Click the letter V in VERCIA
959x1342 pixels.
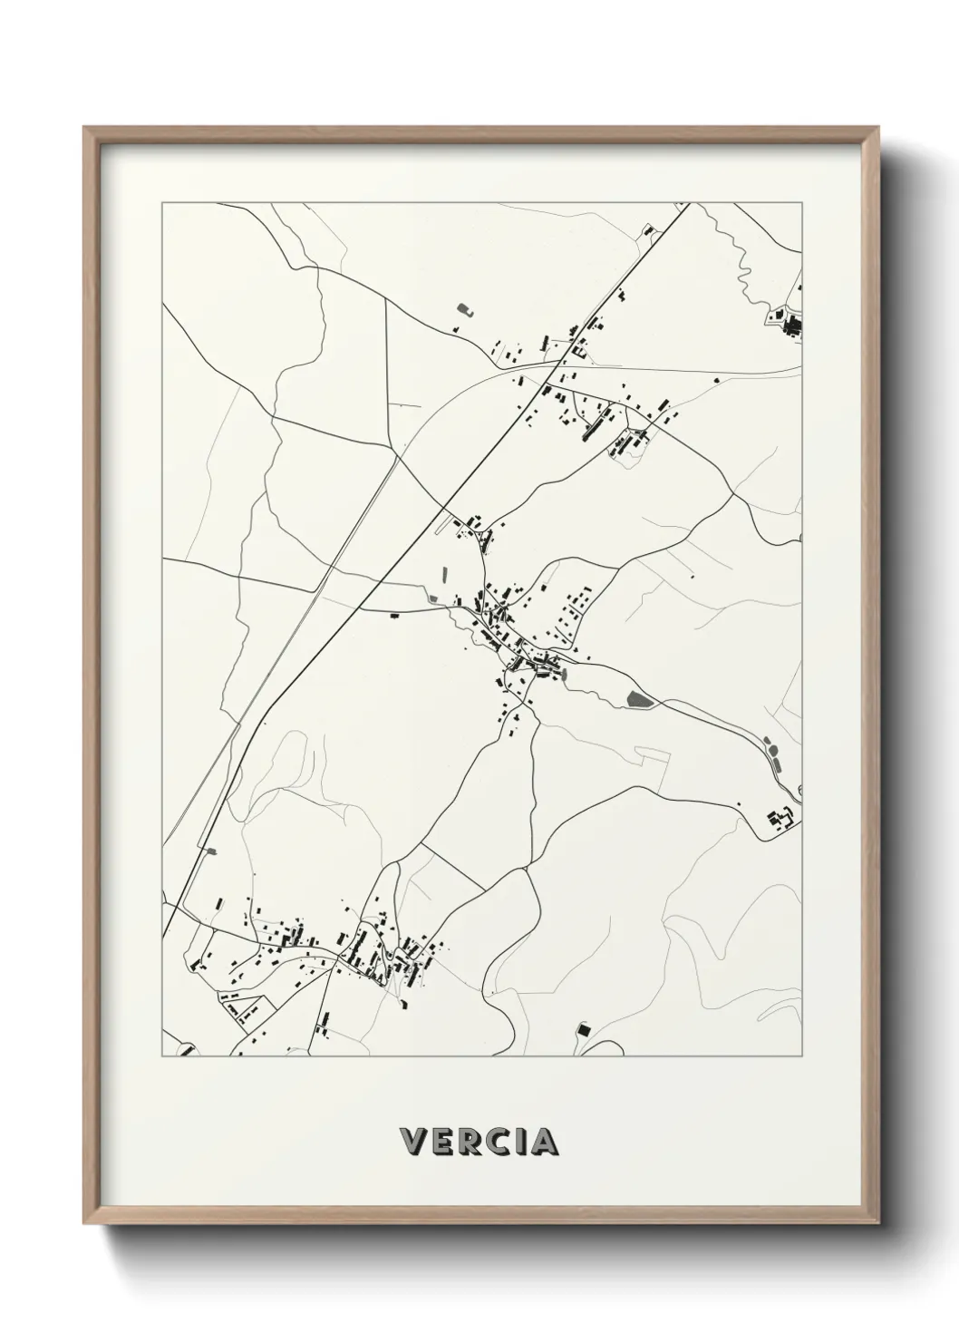(412, 1142)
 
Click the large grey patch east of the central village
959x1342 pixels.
(639, 698)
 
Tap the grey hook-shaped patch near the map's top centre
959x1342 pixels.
(465, 309)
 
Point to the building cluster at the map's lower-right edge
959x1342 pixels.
(780, 820)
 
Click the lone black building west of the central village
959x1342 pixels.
(395, 616)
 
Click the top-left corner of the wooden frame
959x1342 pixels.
(85, 128)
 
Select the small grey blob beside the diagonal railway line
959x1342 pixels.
(212, 851)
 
